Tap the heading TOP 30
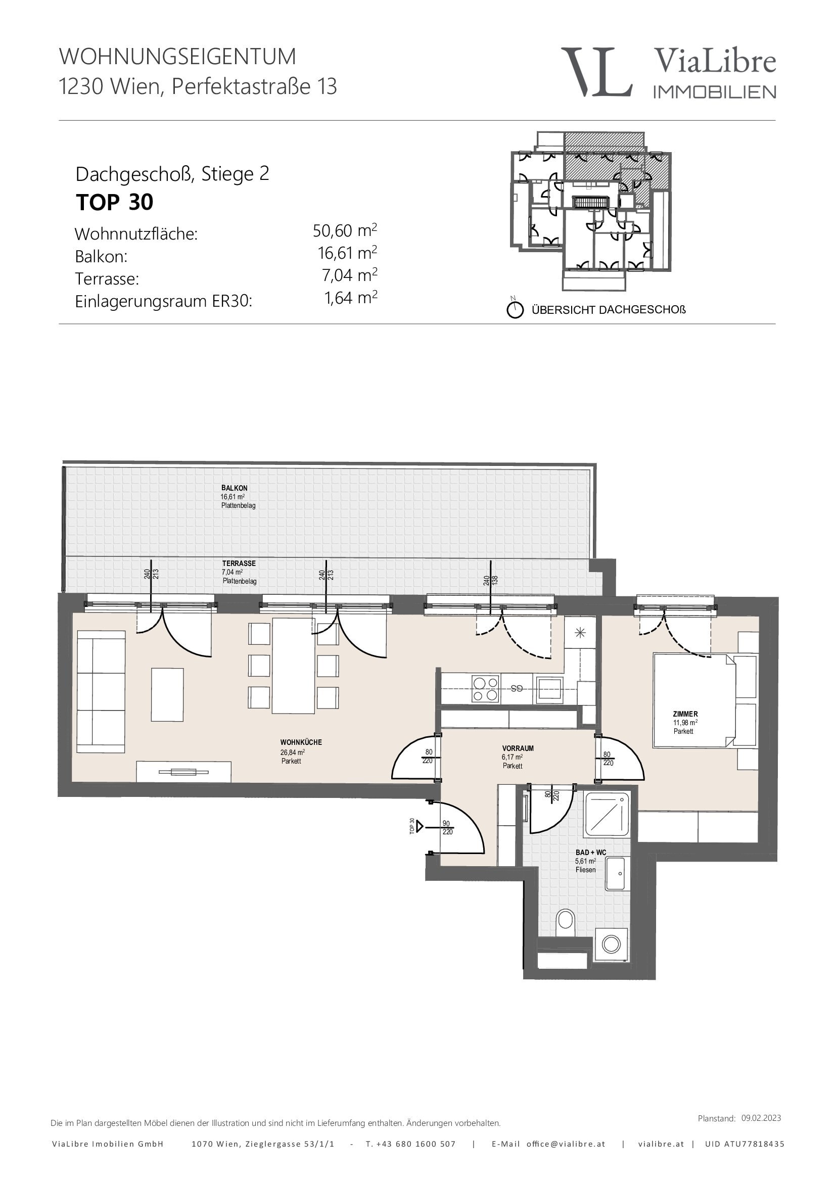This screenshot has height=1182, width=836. click(x=114, y=202)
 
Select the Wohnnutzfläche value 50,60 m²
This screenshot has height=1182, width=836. click(x=345, y=230)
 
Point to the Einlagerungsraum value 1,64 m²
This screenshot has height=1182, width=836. click(x=351, y=298)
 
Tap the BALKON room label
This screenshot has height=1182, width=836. click(x=234, y=488)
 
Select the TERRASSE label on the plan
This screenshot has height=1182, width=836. click(x=239, y=563)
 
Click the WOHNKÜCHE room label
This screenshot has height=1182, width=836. click(x=301, y=742)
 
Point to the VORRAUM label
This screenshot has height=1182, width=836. click(x=518, y=748)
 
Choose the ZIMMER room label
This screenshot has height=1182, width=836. click(x=685, y=714)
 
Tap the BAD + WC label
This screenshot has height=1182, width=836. click(x=590, y=852)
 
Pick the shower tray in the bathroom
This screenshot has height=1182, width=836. click(x=608, y=815)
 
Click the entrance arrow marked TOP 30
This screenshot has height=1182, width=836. click(x=420, y=826)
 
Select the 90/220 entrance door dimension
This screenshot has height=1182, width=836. click(x=447, y=827)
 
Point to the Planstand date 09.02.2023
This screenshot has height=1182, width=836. click(x=761, y=1118)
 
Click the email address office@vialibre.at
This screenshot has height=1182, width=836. click(x=566, y=1144)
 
